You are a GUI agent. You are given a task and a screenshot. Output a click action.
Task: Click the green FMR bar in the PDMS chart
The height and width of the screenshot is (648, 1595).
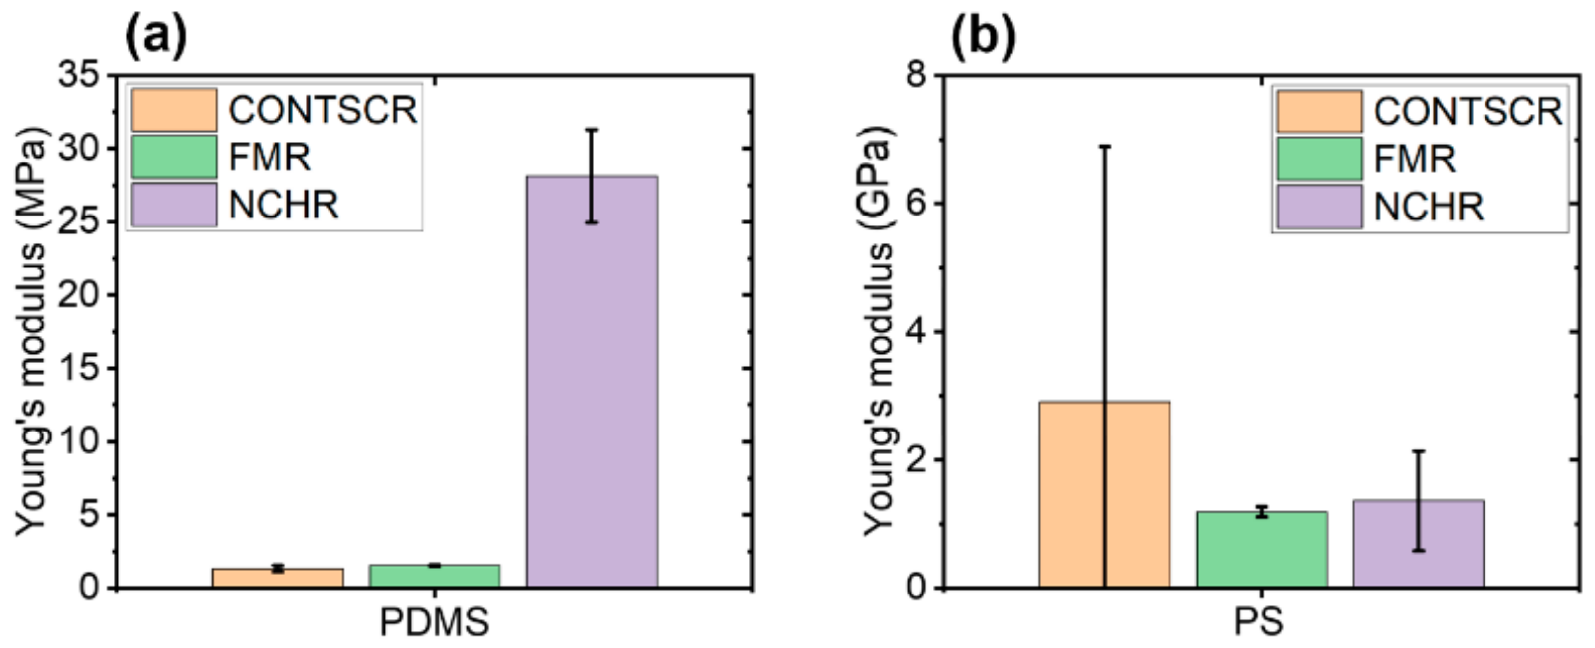coord(434,576)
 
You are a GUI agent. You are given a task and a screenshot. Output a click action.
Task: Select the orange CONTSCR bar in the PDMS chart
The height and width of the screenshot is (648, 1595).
coord(277,578)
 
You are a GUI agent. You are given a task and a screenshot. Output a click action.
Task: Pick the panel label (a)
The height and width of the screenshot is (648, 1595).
coord(156,37)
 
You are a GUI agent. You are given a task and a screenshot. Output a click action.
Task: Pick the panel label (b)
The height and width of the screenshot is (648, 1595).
coord(983,37)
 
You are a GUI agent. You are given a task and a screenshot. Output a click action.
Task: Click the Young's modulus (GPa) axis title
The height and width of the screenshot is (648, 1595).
coord(878,331)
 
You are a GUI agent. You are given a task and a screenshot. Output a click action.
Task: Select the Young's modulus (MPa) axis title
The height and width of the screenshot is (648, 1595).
coord(31,331)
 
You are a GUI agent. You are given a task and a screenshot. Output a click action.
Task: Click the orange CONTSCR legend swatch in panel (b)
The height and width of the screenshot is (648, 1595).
coord(1319,111)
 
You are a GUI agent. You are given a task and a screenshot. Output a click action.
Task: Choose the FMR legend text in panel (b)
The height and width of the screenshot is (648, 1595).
coord(1415,159)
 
